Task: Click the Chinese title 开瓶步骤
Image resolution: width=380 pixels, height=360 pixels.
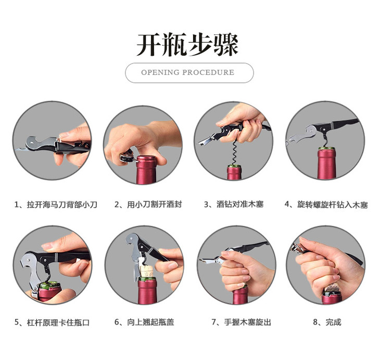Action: [x=187, y=45]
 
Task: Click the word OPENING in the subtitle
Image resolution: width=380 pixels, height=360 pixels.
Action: [x=160, y=72]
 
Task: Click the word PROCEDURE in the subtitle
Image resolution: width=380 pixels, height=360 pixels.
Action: [x=208, y=72]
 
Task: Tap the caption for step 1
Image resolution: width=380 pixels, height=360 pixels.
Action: [x=56, y=204]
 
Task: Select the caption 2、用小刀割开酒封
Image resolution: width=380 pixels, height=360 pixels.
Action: [x=148, y=204]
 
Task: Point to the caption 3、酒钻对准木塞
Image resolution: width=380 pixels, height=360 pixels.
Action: [x=234, y=204]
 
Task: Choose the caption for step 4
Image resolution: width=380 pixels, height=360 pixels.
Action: [x=326, y=204]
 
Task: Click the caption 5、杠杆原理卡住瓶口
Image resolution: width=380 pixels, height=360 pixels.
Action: [x=52, y=323]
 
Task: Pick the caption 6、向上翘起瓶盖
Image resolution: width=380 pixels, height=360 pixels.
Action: [x=144, y=322]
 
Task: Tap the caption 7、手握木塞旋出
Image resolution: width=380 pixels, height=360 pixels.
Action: [x=241, y=322]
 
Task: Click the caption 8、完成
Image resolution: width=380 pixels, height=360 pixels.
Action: [x=327, y=322]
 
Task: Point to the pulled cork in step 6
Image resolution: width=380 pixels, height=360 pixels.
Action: [x=146, y=272]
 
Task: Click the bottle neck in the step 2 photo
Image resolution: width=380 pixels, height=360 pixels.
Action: [x=146, y=170]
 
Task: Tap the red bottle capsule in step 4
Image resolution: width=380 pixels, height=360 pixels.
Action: [x=326, y=163]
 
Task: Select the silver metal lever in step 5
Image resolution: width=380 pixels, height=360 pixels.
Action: [x=30, y=272]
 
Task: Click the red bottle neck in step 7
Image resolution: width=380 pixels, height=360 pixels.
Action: [x=240, y=296]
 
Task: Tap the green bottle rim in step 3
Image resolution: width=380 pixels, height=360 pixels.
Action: [x=234, y=166]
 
